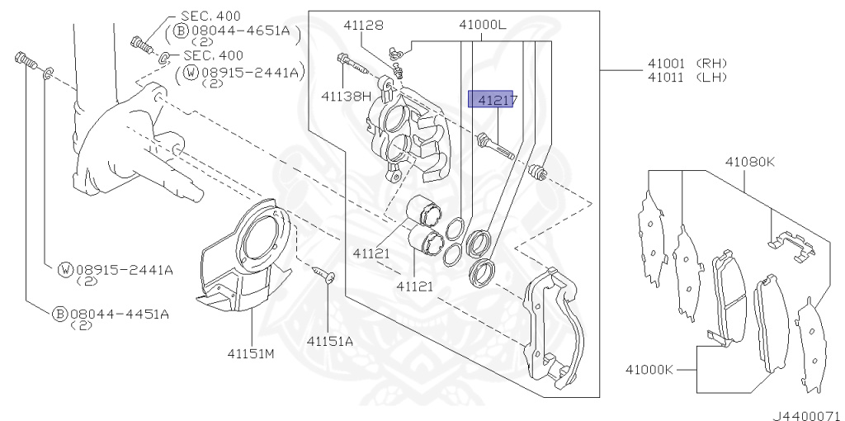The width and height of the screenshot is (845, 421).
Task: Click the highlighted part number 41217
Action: pos(493,100)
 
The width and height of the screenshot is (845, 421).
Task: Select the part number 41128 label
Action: pos(364,26)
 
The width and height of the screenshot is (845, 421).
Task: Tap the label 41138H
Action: pos(347,97)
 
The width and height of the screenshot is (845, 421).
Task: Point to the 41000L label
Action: pos(483,26)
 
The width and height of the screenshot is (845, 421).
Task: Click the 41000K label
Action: pos(649,369)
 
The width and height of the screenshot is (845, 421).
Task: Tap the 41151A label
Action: pos(329,340)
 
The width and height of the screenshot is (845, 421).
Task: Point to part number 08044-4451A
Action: pos(120,314)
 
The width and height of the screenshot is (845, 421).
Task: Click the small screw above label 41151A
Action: pos(325,276)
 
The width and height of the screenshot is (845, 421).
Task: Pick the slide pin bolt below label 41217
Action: pos(495,147)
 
